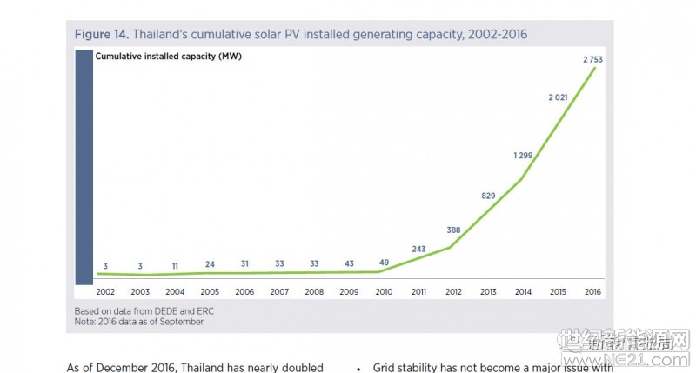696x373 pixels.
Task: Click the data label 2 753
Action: click(592, 58)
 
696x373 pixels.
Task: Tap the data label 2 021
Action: click(558, 97)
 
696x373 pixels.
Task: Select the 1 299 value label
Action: click(524, 156)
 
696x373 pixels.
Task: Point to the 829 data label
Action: click(488, 196)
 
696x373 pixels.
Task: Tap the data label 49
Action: click(384, 263)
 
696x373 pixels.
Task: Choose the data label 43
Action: click(348, 263)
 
